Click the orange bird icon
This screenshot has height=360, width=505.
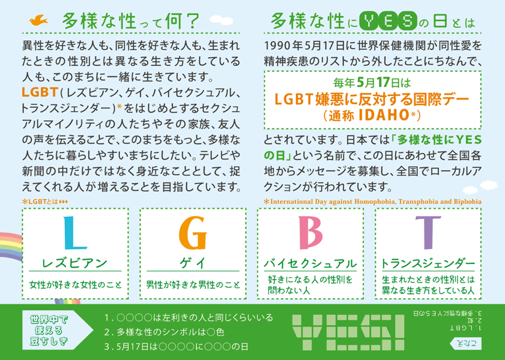click(38, 20)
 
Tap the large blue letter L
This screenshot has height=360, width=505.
click(74, 233)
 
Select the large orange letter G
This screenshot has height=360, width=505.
click(193, 233)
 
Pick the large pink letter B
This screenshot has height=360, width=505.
click(310, 233)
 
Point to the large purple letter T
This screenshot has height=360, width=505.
click(428, 233)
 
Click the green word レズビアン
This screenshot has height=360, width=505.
click(74, 263)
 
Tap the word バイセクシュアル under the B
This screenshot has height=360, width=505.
click(310, 263)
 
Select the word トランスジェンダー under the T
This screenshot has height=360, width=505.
click(428, 263)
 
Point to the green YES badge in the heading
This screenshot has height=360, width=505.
click(388, 20)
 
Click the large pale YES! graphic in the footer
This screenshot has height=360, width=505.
click(348, 332)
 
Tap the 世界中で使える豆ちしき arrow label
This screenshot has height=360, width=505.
click(57, 330)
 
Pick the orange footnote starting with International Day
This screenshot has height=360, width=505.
click(373, 202)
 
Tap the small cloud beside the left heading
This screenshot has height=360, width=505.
click(221, 20)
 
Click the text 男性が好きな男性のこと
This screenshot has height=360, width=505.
click(193, 285)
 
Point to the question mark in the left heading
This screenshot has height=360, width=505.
click(193, 20)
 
